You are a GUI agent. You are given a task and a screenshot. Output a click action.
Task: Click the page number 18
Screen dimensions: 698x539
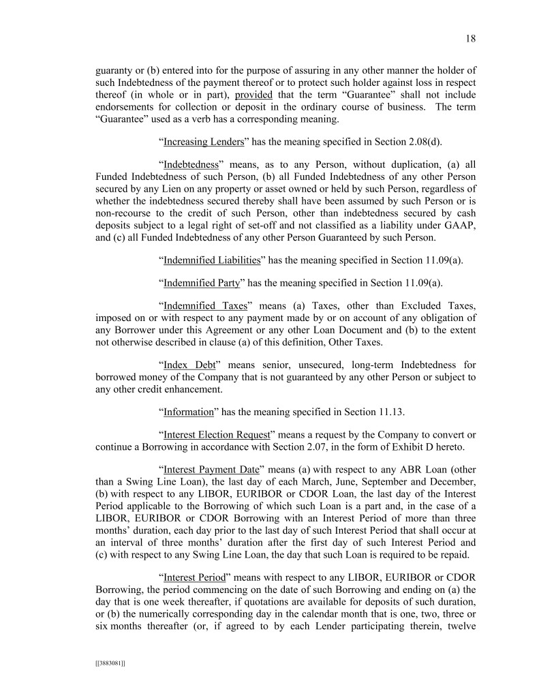[x=470, y=38]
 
